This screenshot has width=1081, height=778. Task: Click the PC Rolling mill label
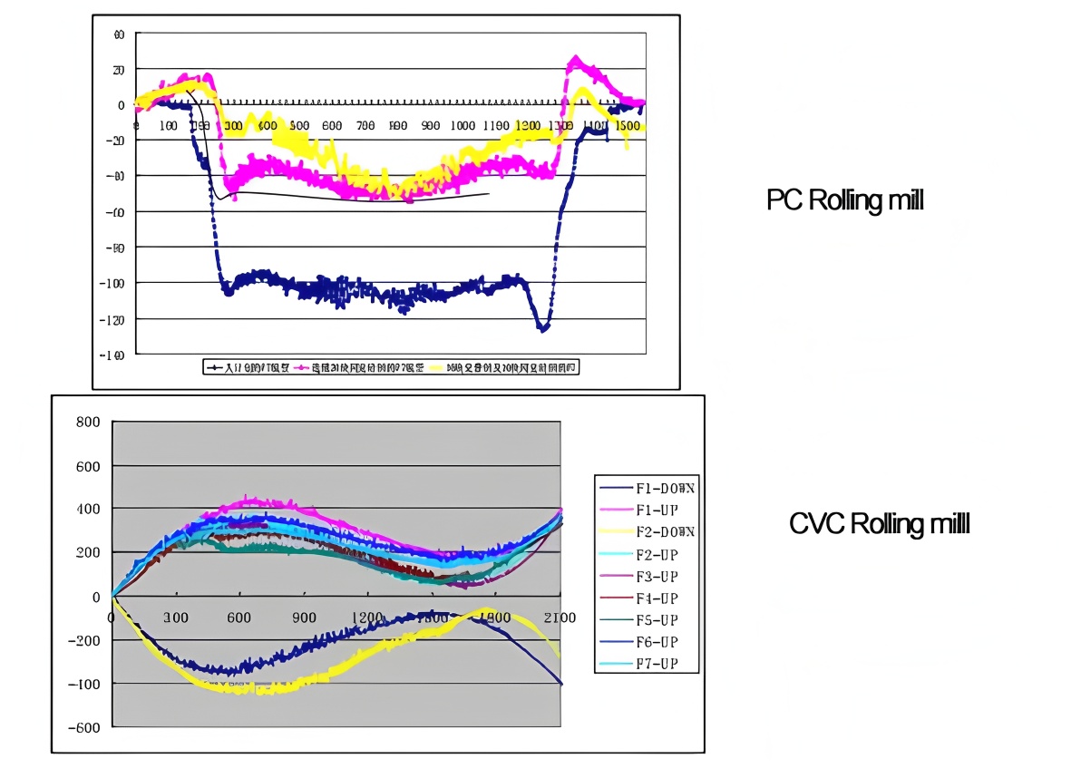pyautogui.click(x=844, y=199)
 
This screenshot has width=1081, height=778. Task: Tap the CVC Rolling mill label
pyautogui.click(x=879, y=523)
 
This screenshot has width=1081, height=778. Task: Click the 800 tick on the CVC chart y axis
pyautogui.click(x=88, y=423)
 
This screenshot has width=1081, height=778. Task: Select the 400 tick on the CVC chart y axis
pyautogui.click(x=88, y=510)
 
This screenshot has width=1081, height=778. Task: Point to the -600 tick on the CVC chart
pyautogui.click(x=84, y=727)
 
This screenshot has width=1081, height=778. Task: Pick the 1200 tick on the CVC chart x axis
pyautogui.click(x=367, y=618)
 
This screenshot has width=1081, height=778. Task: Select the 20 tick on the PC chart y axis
pyautogui.click(x=117, y=70)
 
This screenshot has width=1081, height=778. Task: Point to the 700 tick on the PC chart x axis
pyautogui.click(x=365, y=125)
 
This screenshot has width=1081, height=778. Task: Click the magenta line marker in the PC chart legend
pyautogui.click(x=302, y=367)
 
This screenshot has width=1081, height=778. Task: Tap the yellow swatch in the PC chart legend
pyautogui.click(x=438, y=367)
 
